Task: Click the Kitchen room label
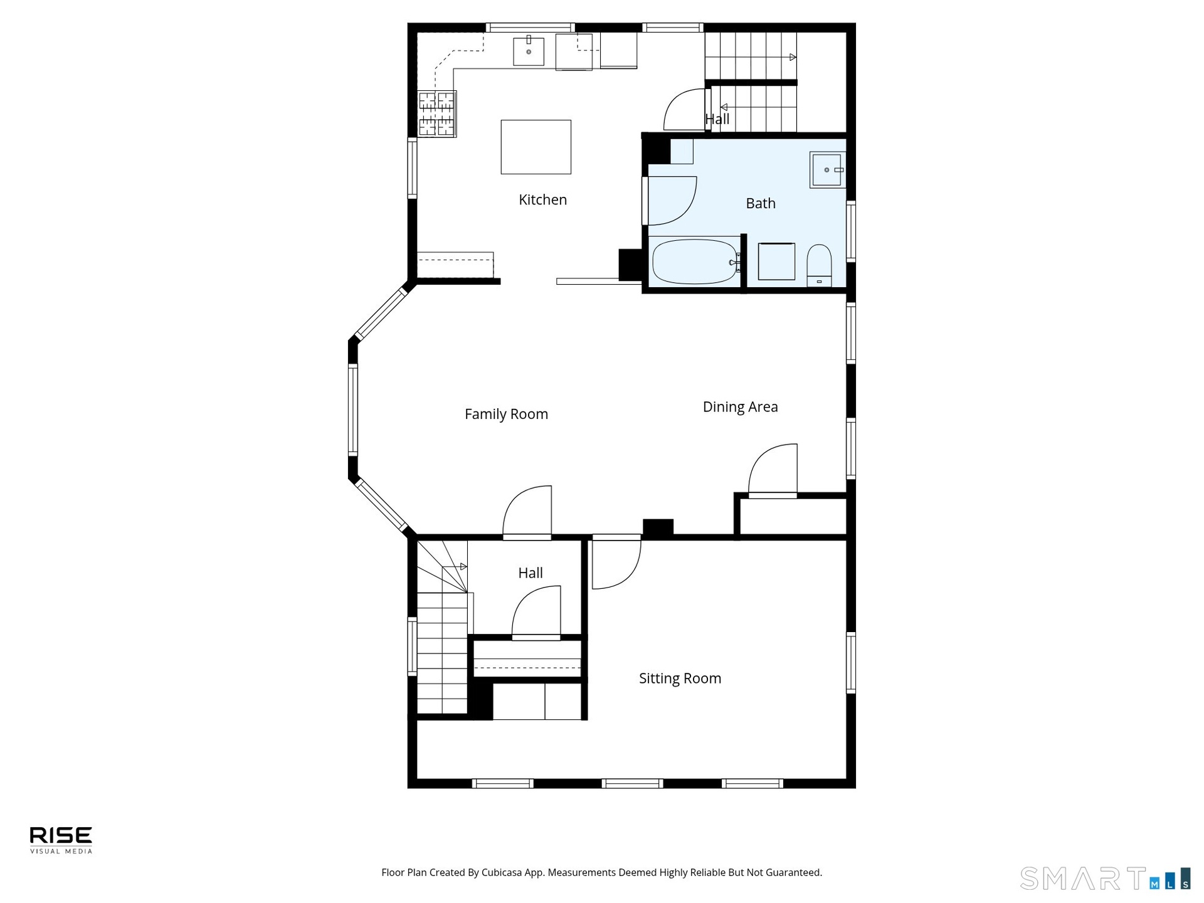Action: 542,199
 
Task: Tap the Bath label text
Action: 761,203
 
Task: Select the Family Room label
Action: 506,414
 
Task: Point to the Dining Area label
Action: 740,406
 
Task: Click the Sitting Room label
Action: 680,679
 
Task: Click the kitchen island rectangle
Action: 536,147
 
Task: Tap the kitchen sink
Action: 529,51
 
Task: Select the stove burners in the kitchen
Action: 436,114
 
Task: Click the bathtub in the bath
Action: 694,261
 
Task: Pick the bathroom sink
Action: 827,169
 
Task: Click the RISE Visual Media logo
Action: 61,840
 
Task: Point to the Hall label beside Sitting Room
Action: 531,573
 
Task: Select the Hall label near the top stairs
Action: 717,119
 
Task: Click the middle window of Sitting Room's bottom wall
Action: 632,783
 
